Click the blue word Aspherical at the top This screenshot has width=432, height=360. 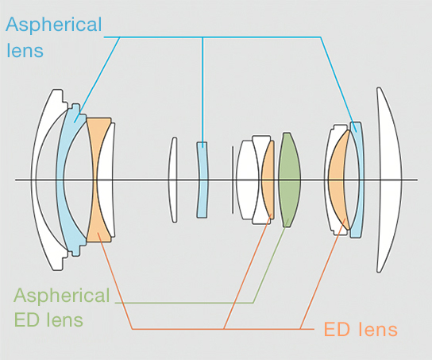[54, 25]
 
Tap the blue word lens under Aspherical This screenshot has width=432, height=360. [25, 50]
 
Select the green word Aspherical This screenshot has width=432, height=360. [62, 296]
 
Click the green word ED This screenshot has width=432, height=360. [27, 319]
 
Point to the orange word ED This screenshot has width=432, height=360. [337, 329]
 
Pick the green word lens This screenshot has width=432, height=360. [64, 319]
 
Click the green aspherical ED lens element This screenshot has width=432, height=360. [289, 180]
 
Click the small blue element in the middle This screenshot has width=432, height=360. [202, 180]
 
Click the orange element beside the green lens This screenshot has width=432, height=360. [268, 180]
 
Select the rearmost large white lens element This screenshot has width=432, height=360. [389, 180]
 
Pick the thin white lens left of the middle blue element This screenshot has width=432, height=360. [173, 180]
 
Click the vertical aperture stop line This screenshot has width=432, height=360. [233, 180]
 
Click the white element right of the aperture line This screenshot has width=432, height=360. [248, 180]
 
